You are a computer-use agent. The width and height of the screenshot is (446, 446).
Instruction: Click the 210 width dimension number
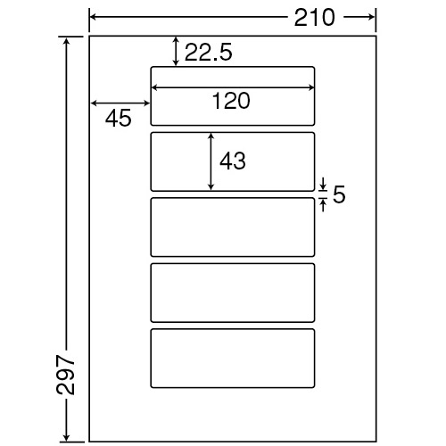(x=315, y=18)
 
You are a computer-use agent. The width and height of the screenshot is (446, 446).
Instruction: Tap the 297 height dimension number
(x=65, y=375)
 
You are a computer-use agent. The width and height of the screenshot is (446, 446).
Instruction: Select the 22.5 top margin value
(x=208, y=53)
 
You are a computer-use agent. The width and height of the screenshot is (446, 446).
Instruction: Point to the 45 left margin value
(x=118, y=118)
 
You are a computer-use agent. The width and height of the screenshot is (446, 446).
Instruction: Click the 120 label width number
(x=231, y=101)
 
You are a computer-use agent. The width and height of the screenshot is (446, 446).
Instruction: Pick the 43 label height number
(x=233, y=161)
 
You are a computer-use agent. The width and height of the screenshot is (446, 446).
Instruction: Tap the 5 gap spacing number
(x=339, y=194)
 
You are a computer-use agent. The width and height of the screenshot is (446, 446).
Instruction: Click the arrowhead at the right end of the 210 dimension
(x=371, y=17)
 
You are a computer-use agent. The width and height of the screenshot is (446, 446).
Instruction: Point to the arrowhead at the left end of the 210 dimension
(x=93, y=17)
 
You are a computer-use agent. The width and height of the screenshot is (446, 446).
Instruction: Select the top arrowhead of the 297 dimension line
(x=67, y=41)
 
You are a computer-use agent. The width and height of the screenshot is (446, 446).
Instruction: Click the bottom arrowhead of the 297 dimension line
(x=67, y=437)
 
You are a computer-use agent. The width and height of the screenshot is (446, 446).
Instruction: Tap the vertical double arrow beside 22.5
(x=177, y=51)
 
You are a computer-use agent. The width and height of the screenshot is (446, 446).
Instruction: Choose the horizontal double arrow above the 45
(x=120, y=103)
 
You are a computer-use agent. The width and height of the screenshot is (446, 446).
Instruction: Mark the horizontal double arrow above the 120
(x=233, y=87)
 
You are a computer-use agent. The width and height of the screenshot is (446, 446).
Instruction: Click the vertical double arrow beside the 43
(x=211, y=161)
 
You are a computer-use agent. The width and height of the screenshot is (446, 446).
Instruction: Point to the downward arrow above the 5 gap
(x=324, y=184)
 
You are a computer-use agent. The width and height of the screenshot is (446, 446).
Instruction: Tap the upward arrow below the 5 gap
(x=324, y=205)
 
